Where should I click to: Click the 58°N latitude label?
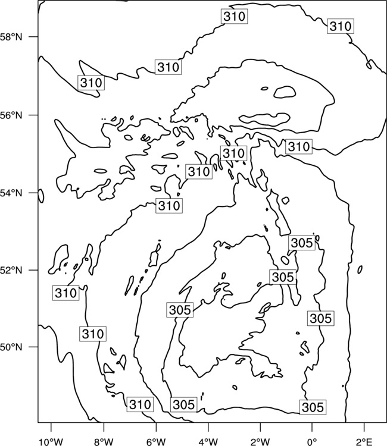[x=11, y=37]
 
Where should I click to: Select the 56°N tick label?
[x=11, y=115]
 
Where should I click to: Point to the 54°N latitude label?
[x=11, y=193]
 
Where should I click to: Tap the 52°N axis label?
[x=11, y=270]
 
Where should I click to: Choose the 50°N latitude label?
[x=11, y=347]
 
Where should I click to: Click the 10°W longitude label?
[x=51, y=442]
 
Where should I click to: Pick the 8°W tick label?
[x=104, y=442]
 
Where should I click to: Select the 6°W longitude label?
[x=156, y=442]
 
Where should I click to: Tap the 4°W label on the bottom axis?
[x=208, y=442]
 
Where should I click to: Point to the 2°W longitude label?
[x=260, y=442]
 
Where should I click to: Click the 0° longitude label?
[x=312, y=442]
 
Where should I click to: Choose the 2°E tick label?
[x=364, y=442]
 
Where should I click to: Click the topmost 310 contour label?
[x=235, y=16]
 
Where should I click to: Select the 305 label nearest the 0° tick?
[x=313, y=407]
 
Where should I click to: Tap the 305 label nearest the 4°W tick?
[x=183, y=404]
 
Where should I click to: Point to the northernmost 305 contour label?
[x=302, y=243]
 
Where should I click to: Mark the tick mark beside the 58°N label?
[x=33, y=37]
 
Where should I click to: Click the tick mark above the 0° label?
[x=312, y=426]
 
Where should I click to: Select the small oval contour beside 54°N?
[x=41, y=196]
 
